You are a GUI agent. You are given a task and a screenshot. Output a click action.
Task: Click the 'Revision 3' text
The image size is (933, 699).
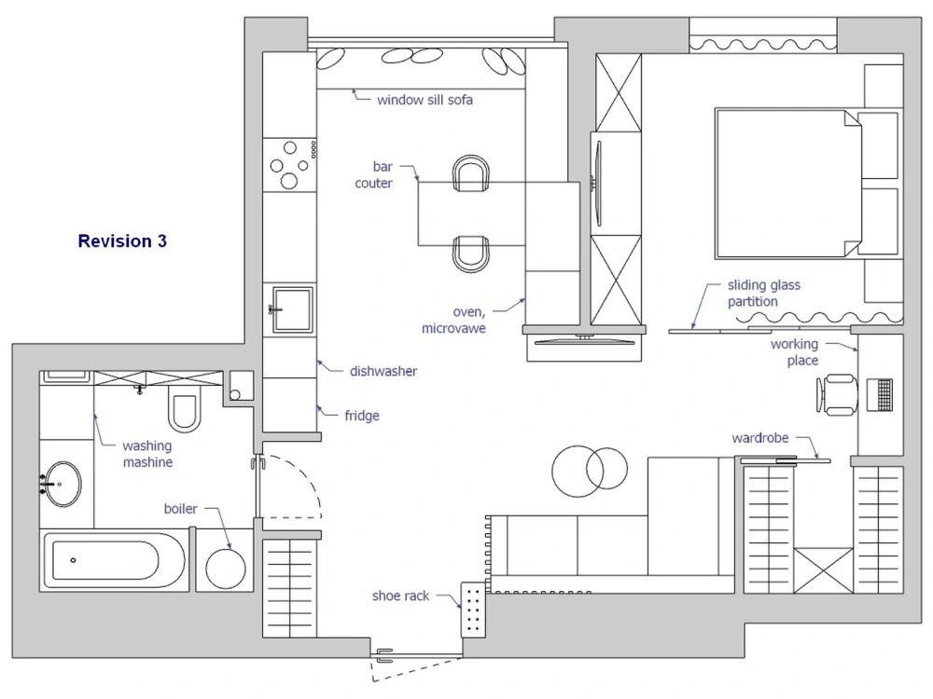(122, 241)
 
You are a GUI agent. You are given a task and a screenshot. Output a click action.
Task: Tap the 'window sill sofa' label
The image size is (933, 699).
(425, 100)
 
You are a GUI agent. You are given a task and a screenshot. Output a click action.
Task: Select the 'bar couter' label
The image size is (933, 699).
(373, 175)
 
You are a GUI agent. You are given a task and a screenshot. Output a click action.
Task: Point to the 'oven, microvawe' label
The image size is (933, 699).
(453, 321)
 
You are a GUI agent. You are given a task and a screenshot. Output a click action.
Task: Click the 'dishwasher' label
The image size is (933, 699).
(383, 371)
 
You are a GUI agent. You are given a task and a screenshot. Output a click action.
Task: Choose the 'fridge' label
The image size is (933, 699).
(362, 416)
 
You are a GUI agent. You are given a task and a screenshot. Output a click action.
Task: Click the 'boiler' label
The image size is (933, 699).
(180, 509)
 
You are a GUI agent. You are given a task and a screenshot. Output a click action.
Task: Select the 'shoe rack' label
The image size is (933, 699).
(400, 596)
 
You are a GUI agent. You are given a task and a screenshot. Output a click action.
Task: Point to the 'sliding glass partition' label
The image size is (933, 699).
(764, 293)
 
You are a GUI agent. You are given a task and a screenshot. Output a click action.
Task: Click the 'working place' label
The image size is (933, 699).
(795, 352)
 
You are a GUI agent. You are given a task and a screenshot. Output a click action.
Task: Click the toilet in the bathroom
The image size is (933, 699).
(184, 410)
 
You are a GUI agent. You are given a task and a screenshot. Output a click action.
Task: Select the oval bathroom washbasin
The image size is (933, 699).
(63, 484)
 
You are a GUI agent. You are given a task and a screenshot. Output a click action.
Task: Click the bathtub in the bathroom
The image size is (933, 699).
(113, 561)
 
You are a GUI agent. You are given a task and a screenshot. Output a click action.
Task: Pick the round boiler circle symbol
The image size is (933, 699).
(226, 568)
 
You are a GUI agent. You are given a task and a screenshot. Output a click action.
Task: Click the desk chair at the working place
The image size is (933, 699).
(836, 394)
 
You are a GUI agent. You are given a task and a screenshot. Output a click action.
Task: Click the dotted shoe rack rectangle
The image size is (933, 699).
(473, 610)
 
